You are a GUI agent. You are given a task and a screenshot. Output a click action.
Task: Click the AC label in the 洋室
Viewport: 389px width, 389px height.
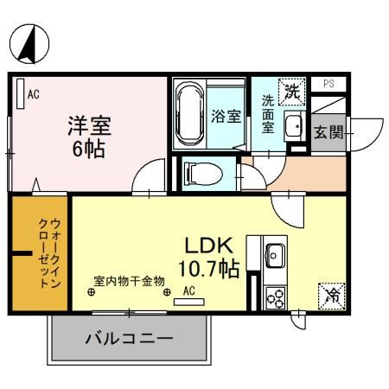pyautogui.click(x=34, y=93)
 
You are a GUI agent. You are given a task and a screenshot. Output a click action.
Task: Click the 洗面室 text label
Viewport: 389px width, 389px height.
pyautogui.click(x=267, y=112)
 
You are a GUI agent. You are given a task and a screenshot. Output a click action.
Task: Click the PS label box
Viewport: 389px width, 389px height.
pyautogui.click(x=328, y=83)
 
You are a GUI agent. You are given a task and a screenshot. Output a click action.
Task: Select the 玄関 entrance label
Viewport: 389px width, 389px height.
pyautogui.click(x=329, y=132)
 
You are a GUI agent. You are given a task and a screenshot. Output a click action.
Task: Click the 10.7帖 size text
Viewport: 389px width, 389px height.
pyautogui.click(x=208, y=269)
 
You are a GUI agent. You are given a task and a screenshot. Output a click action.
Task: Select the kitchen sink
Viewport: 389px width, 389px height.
pyautogui.click(x=276, y=256)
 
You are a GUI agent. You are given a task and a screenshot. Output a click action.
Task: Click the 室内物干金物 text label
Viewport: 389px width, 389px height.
pyautogui.click(x=131, y=282)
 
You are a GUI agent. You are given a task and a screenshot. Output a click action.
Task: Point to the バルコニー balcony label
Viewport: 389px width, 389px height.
pyautogui.click(x=129, y=338)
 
